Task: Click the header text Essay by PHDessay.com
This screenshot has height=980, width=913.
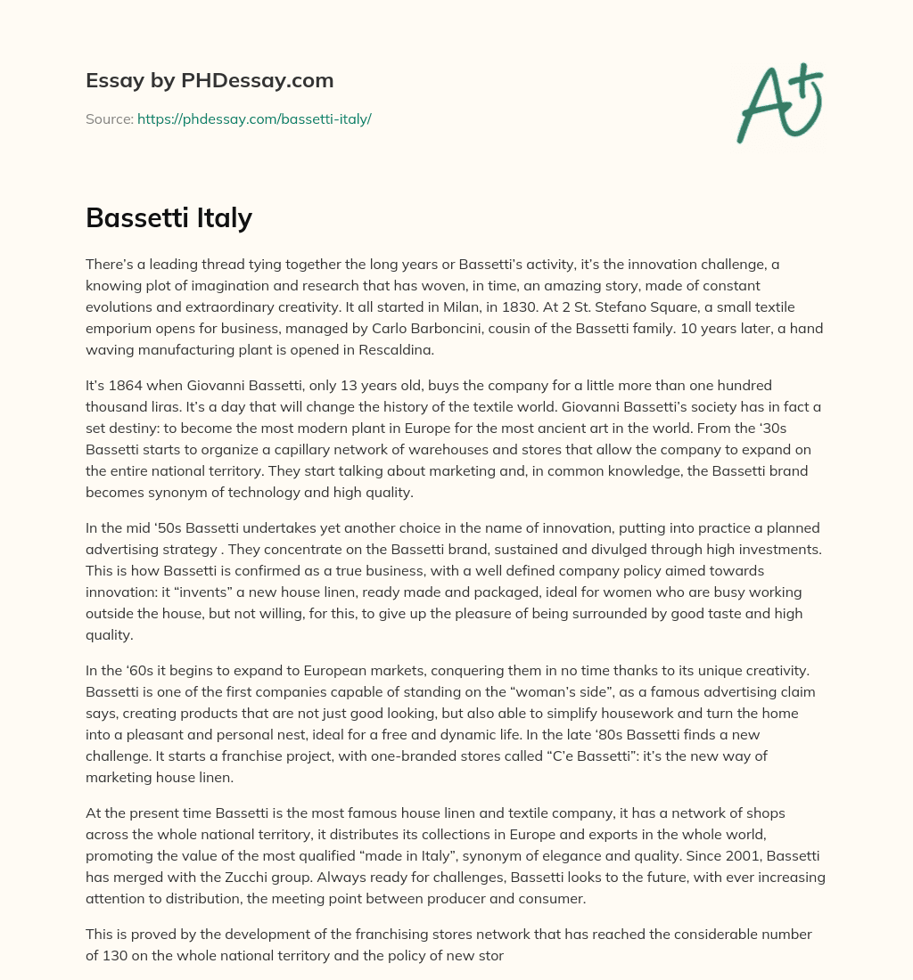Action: [x=210, y=81]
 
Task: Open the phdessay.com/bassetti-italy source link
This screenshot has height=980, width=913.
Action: [x=254, y=118]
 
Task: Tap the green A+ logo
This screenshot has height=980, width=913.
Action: [x=778, y=102]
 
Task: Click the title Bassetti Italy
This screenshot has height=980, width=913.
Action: [x=169, y=217]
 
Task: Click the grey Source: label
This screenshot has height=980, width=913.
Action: [x=109, y=118]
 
